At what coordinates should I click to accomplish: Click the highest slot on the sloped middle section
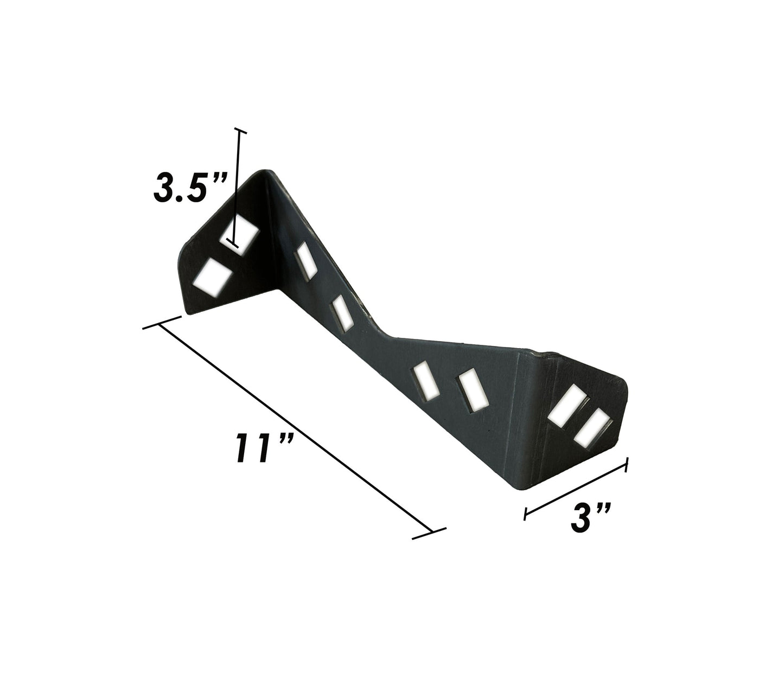[x=305, y=260]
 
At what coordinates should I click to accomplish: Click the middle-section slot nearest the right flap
[x=471, y=390]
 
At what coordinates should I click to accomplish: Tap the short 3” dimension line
[x=576, y=489]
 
